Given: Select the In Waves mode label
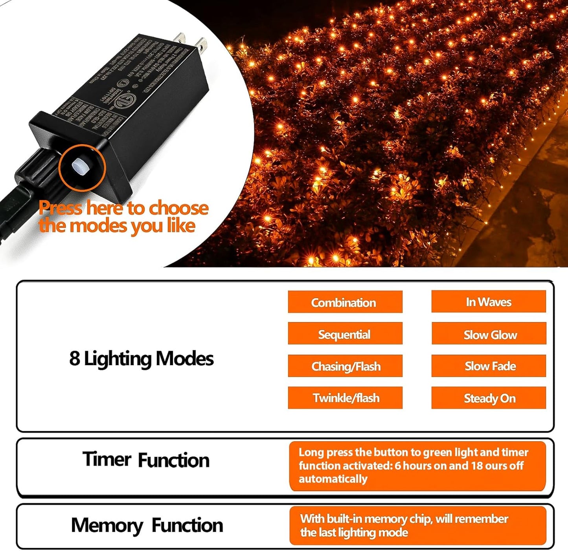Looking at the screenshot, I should point(489,302).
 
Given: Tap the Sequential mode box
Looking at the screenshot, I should point(345,334).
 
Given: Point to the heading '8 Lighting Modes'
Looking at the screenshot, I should point(142,359).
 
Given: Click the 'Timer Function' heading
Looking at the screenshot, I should point(146,459).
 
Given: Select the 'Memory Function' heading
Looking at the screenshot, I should point(147,525).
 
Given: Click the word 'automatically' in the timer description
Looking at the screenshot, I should point(333,479).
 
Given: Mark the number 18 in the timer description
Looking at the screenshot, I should point(476,466).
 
